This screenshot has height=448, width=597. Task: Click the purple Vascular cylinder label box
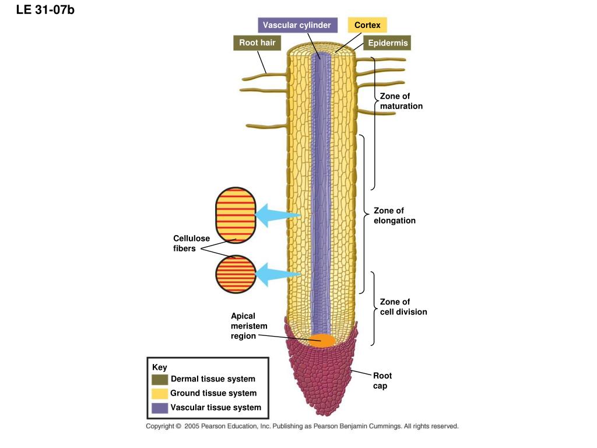(297, 25)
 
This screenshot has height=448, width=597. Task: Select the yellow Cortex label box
(367, 25)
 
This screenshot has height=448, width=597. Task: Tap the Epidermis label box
(387, 43)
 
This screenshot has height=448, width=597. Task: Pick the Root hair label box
(257, 43)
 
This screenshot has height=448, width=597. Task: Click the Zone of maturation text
(401, 101)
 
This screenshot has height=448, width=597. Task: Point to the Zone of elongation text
(395, 216)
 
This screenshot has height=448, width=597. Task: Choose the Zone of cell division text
(403, 307)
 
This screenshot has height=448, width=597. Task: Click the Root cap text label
(382, 380)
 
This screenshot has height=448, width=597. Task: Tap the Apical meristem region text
(249, 325)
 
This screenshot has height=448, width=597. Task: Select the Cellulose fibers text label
(191, 243)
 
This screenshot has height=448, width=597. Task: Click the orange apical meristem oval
(322, 341)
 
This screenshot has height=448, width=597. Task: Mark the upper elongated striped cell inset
(236, 215)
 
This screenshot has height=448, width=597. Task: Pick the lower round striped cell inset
(236, 274)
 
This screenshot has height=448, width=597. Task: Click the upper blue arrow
(278, 215)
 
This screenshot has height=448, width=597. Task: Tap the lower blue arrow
(278, 274)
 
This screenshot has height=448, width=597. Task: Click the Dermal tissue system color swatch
(160, 379)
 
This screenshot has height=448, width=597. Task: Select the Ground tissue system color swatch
(160, 394)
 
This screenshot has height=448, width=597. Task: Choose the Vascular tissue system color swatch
(160, 408)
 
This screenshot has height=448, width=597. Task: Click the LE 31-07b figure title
(45, 10)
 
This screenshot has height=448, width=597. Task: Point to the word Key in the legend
(160, 367)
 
